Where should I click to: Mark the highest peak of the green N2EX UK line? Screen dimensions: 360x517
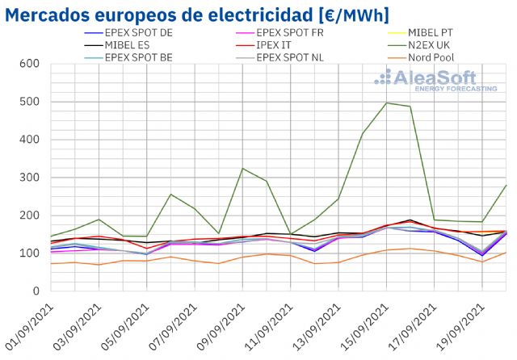[x=386, y=103]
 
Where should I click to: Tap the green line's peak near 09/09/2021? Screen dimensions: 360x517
[x=242, y=169]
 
